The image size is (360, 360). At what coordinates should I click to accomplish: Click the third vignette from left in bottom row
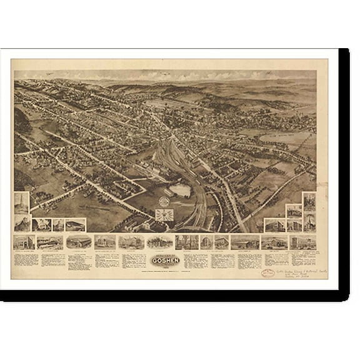pos(79,242)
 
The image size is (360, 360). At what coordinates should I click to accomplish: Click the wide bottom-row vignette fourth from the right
pos(242,242)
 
